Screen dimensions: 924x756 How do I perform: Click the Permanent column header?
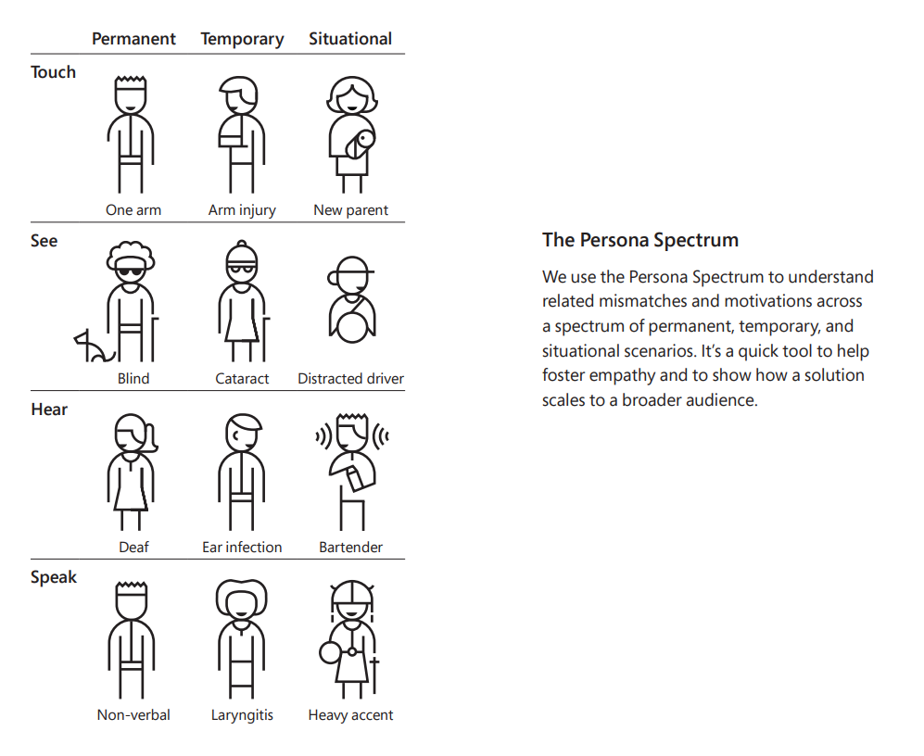133,39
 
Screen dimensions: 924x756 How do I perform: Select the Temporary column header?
242,40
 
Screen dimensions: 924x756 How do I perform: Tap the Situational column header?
350,39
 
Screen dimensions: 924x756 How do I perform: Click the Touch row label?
53,72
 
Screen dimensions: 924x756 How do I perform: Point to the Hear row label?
49,409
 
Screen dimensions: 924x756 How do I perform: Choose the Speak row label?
54,577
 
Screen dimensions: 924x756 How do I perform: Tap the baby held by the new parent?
360,145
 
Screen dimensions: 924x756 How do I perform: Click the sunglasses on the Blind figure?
130,272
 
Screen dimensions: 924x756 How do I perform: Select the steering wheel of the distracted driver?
352,327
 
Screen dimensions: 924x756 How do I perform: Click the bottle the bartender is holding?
357,478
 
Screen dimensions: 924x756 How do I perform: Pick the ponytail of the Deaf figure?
150,439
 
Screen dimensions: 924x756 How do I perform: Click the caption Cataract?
242,378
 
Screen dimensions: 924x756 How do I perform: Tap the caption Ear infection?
242,547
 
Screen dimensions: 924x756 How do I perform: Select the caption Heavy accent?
350,715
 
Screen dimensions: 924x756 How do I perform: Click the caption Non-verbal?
133,714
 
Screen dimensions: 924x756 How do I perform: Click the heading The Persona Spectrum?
640,240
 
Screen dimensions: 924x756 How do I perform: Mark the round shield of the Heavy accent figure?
329,652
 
